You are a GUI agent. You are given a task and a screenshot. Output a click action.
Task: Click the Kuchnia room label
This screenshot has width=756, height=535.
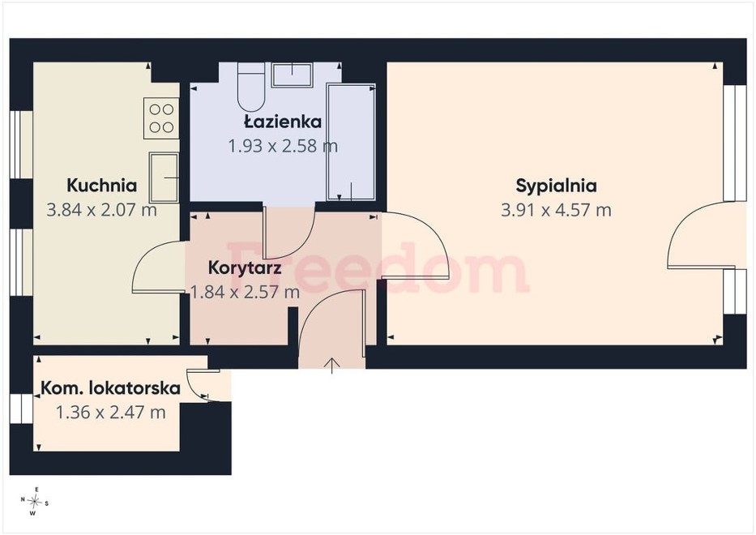[x=102, y=186]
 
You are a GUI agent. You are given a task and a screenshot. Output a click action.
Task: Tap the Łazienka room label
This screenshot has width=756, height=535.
[x=283, y=121]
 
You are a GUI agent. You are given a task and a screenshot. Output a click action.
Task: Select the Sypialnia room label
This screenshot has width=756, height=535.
[x=557, y=186]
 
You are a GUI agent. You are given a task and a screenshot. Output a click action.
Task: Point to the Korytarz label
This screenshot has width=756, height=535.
[x=245, y=267]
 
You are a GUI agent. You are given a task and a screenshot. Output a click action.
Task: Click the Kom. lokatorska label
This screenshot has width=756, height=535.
[x=111, y=387]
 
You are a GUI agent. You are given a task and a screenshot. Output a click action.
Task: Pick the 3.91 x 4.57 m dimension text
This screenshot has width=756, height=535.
[x=557, y=210]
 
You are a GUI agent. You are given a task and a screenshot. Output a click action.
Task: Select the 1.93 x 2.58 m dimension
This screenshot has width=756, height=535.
[x=283, y=145]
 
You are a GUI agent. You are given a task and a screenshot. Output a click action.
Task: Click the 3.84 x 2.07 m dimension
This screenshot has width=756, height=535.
[x=102, y=210]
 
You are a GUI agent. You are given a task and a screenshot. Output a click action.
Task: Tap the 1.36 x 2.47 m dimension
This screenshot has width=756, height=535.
[x=111, y=413]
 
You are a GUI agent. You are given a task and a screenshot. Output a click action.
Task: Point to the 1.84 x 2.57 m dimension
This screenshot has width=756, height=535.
[x=245, y=292]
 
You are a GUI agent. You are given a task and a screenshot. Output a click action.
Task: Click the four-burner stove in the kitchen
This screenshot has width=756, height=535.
[x=161, y=118]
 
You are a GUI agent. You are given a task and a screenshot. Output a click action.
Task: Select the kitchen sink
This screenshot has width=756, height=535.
[x=164, y=178]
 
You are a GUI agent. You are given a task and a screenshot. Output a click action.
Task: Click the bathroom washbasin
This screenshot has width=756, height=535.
[x=292, y=75]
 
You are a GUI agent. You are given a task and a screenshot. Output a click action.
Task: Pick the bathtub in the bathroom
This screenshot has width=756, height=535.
[x=351, y=142]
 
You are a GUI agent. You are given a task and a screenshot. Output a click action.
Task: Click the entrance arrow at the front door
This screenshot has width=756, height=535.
[x=332, y=366]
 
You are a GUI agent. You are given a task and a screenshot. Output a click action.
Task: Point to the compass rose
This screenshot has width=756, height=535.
[x=34, y=503]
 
